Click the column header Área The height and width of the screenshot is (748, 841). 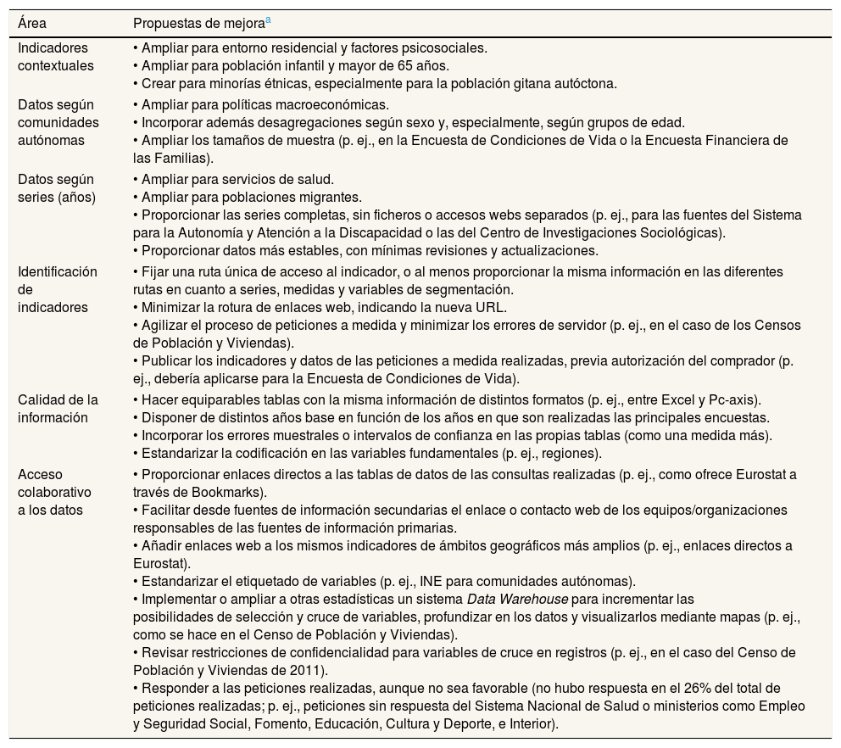(x=31, y=23)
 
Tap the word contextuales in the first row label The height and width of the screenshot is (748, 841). (x=56, y=65)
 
